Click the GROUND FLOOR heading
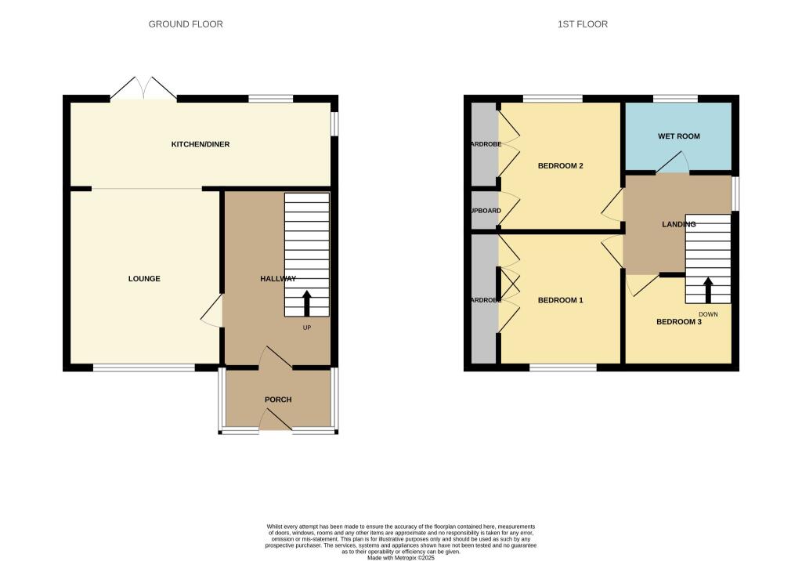click(x=186, y=24)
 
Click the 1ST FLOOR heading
click(x=582, y=24)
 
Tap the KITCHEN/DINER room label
click(x=200, y=144)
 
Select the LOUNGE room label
click(x=144, y=279)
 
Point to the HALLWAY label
click(x=278, y=279)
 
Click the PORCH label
click(x=278, y=400)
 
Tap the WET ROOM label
click(x=678, y=136)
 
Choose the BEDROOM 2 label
click(x=560, y=166)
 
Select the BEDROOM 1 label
click(x=560, y=300)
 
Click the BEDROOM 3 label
click(x=678, y=321)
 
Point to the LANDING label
click(x=678, y=224)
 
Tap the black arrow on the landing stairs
click(x=708, y=289)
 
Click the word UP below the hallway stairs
click(x=307, y=328)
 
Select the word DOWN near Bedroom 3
click(x=708, y=314)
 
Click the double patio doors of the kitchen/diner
click(x=143, y=88)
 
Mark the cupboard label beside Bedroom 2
click(x=484, y=211)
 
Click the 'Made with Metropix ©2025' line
click(x=400, y=557)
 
